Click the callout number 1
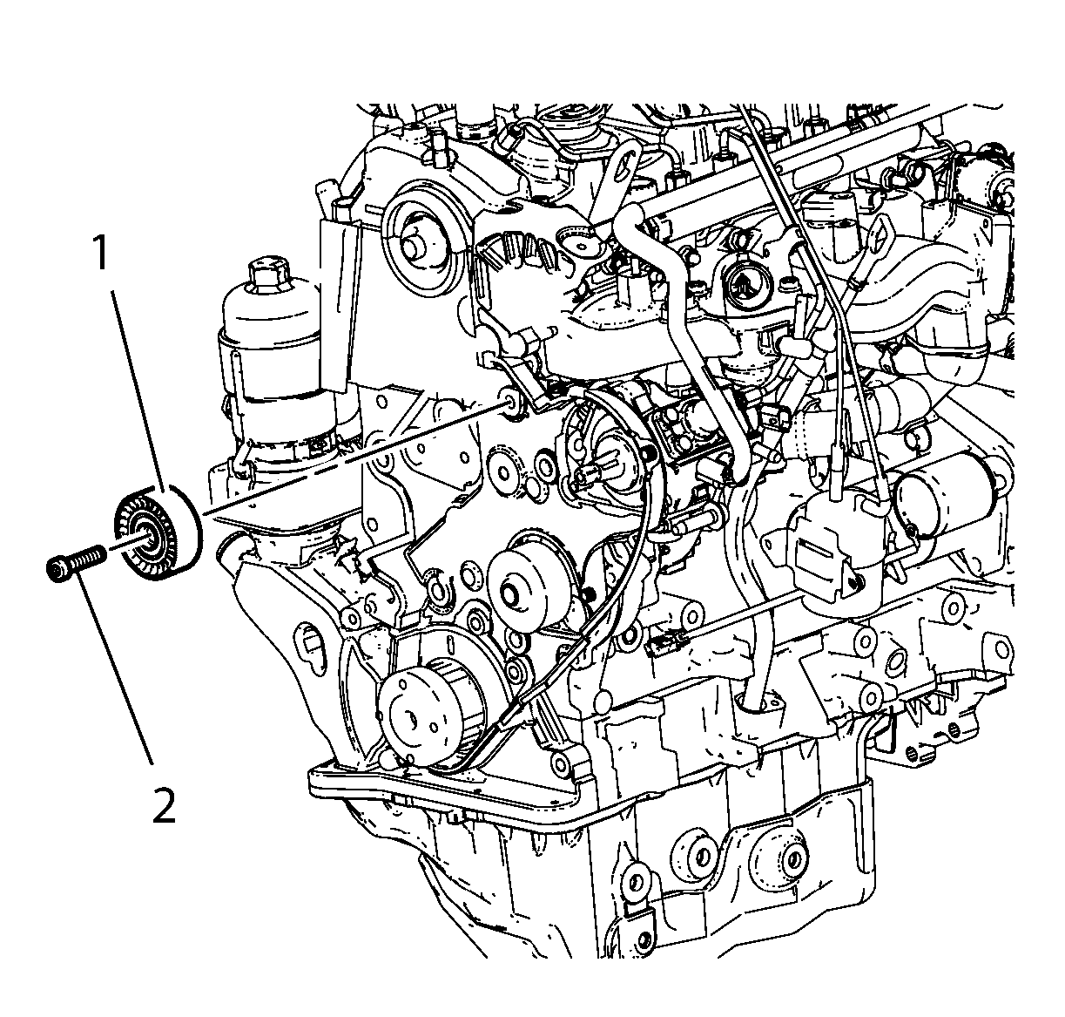[101, 254]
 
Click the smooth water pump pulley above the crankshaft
[522, 589]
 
